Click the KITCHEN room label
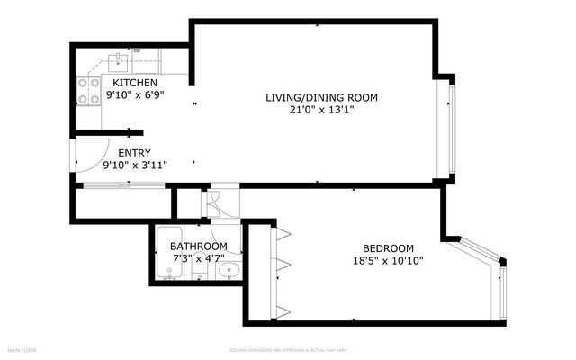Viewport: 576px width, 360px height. click(x=135, y=83)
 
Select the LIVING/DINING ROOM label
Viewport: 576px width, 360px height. click(x=320, y=98)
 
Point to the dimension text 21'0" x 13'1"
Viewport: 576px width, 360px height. click(x=320, y=111)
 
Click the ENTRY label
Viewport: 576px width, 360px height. click(x=134, y=153)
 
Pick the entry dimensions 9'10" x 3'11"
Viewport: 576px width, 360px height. click(x=136, y=165)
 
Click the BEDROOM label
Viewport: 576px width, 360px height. click(x=388, y=249)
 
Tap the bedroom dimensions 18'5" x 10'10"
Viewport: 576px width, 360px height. click(x=388, y=261)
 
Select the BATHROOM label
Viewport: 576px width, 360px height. click(x=198, y=247)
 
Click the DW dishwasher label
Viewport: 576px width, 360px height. click(x=137, y=51)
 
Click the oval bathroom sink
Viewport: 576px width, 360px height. click(x=229, y=269)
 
